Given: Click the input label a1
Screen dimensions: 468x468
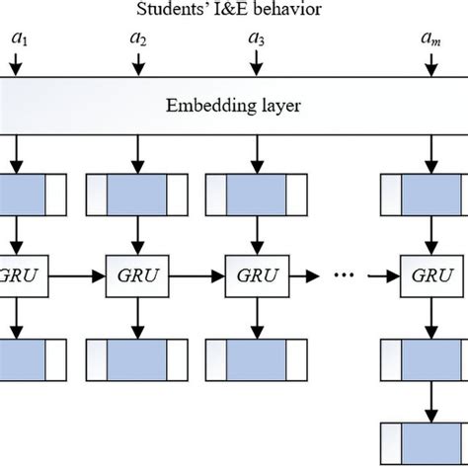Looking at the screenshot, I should pyautogui.click(x=18, y=41).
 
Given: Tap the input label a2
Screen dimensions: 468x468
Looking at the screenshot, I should pyautogui.click(x=137, y=41).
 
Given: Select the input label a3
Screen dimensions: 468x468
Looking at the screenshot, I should pyautogui.click(x=256, y=41).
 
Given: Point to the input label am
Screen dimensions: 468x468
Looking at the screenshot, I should pyautogui.click(x=430, y=41).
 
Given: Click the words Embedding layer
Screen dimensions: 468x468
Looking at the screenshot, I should pyautogui.click(x=234, y=103).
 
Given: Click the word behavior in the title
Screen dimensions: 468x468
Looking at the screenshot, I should pyautogui.click(x=282, y=12).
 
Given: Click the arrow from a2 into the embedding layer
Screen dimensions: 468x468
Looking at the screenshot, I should pyautogui.click(x=137, y=64).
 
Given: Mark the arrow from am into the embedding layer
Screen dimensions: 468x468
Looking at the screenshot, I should pyautogui.click(x=430, y=64).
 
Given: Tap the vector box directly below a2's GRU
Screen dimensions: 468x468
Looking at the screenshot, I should pyautogui.click(x=137, y=352).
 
